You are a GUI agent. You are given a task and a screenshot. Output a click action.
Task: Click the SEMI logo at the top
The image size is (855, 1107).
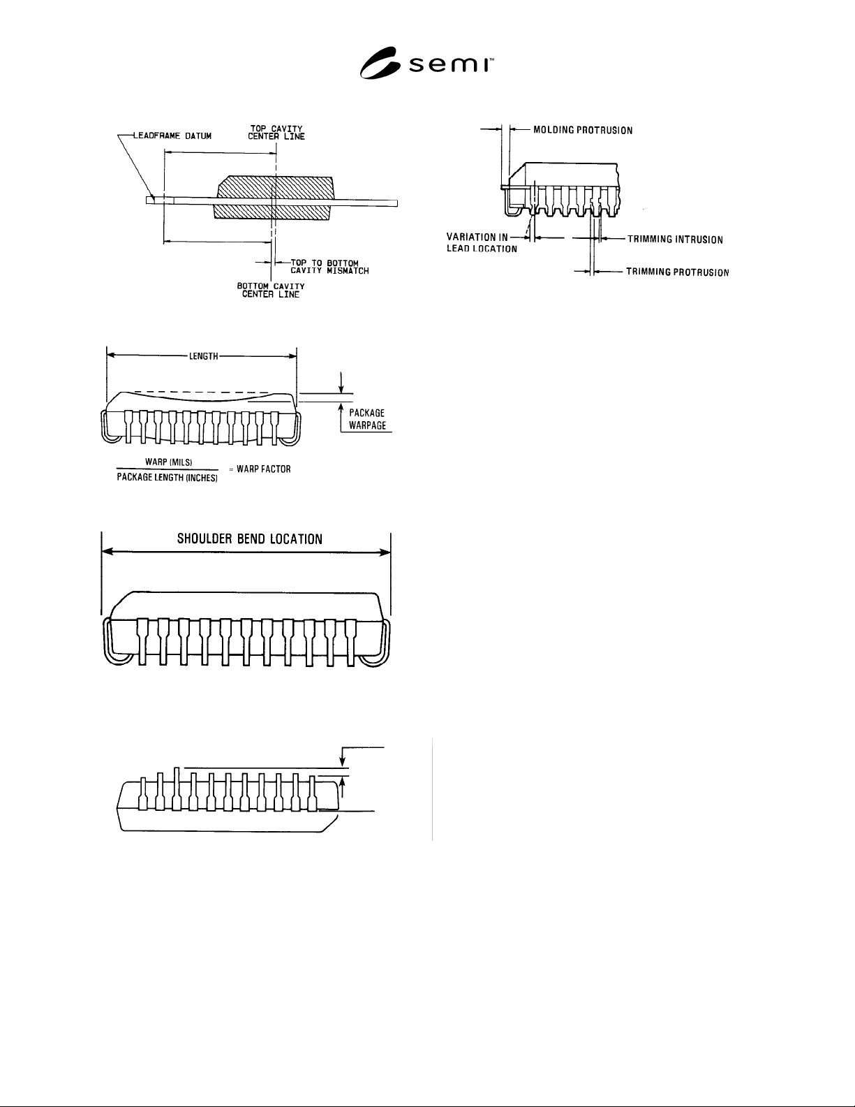point(426,63)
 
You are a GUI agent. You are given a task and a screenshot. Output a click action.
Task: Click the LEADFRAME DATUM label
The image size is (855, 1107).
point(172,136)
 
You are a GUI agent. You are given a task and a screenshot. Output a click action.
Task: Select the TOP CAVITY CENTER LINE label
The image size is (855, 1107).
point(276,133)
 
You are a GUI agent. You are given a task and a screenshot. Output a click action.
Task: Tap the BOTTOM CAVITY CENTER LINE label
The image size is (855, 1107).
point(271,291)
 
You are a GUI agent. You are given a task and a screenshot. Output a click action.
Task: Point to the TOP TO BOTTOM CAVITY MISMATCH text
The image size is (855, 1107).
point(329,267)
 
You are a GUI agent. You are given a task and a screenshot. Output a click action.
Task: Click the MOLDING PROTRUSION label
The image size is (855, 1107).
point(583,131)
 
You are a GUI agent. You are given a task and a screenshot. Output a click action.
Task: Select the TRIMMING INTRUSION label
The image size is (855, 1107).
point(675,240)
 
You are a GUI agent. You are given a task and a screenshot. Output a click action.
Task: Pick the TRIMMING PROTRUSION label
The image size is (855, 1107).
point(678,272)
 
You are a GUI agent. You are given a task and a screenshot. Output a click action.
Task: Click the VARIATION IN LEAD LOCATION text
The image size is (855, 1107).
point(482,243)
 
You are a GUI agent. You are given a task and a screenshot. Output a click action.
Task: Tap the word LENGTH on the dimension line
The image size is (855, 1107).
point(204,357)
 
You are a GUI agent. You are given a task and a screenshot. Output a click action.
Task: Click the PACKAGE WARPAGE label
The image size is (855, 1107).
point(367,419)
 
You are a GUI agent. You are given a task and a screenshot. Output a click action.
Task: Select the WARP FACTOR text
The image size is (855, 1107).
point(264,469)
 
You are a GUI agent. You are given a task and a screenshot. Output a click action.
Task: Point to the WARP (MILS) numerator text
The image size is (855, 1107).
point(168,462)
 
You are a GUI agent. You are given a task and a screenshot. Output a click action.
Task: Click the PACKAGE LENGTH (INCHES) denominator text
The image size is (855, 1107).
point(167,477)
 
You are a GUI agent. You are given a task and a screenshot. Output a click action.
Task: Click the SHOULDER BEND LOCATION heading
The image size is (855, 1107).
point(249,539)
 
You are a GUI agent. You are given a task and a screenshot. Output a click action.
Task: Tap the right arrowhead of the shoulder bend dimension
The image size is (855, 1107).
point(385,552)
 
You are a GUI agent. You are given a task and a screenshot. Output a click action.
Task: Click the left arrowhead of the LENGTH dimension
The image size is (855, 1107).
point(111,356)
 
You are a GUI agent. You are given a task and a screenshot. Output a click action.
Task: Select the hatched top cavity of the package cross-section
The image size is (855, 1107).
point(275,187)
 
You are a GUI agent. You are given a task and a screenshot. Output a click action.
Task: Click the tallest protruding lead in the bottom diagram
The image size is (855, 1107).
point(177,789)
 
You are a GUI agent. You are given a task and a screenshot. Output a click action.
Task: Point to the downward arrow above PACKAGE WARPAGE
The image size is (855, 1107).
point(341,383)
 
